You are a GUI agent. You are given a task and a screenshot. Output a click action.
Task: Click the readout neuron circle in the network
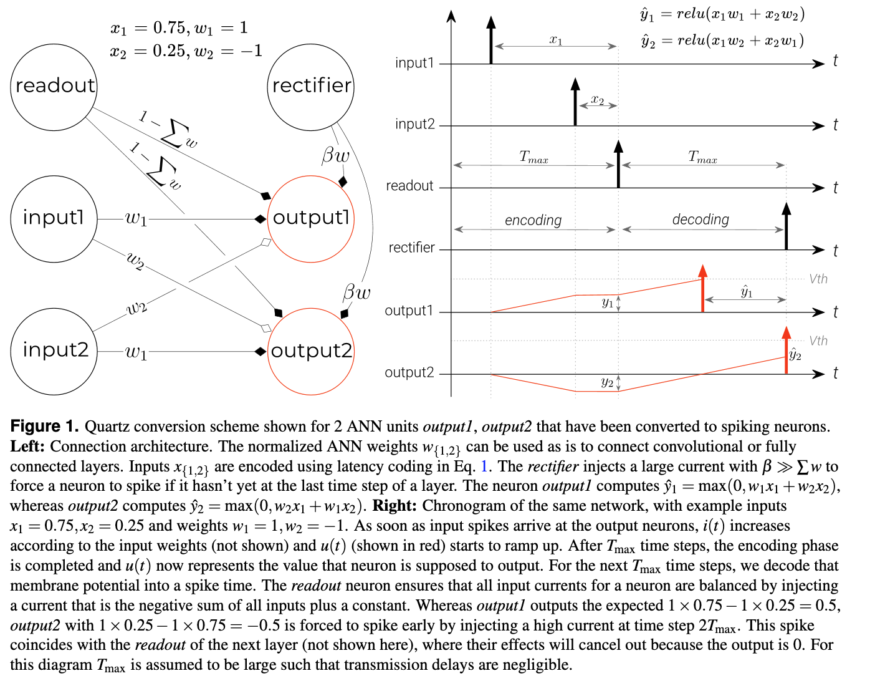(55, 86)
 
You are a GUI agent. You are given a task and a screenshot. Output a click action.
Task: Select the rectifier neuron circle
(311, 86)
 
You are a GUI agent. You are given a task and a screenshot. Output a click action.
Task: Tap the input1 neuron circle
(54, 218)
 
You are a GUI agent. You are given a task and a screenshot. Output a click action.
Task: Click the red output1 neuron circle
(311, 218)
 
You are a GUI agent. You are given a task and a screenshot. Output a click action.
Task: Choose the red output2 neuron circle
(311, 351)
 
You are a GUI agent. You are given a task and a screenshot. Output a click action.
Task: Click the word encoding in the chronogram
(533, 220)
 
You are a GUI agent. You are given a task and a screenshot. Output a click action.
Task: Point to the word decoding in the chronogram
(700, 220)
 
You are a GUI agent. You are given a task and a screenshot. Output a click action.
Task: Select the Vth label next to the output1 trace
(818, 279)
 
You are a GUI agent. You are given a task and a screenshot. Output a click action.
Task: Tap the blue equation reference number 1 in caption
(484, 466)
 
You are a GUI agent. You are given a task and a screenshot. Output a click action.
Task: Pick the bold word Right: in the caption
(394, 506)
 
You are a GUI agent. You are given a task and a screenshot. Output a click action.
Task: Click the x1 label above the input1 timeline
(556, 41)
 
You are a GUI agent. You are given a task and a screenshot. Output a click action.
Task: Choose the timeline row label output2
(409, 373)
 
